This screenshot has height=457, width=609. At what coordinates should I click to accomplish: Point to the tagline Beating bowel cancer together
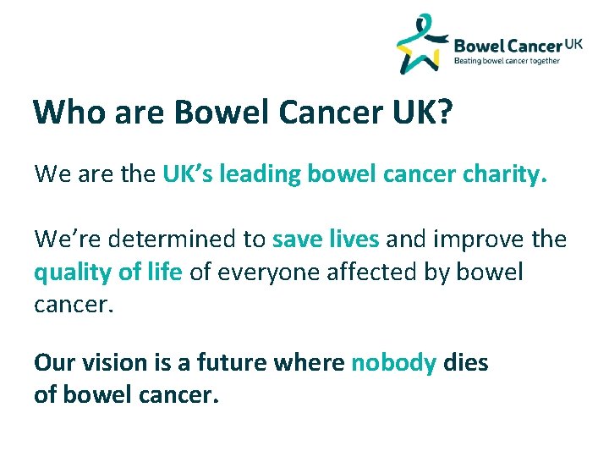click(507, 61)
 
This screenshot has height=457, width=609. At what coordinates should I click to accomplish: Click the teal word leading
click(261, 175)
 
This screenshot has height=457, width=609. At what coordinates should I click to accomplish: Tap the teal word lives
click(353, 240)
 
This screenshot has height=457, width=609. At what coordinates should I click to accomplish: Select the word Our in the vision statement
click(52, 363)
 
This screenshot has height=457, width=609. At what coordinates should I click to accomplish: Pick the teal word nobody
click(393, 363)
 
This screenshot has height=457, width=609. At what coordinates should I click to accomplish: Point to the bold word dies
click(466, 363)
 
